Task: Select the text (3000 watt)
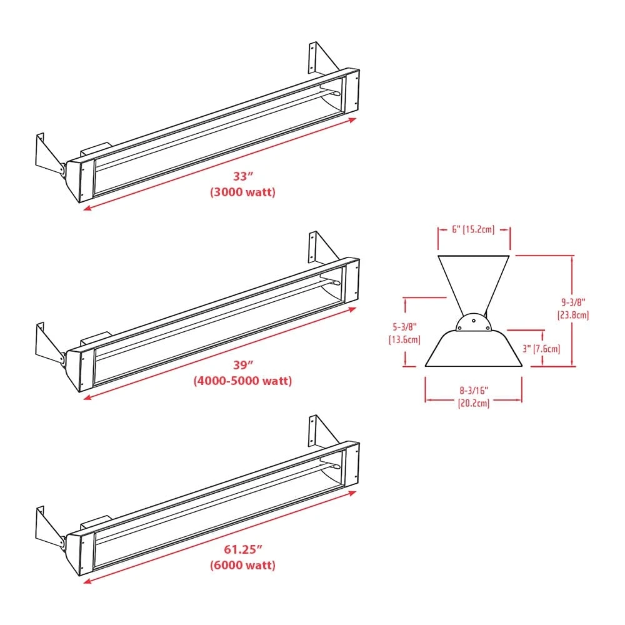tap(242, 192)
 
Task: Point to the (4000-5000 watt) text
tap(242, 380)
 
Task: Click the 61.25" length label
tap(242, 551)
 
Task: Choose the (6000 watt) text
tap(242, 565)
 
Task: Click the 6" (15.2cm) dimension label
tap(473, 229)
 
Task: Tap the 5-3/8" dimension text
tap(404, 326)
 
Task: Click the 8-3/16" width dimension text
tap(472, 391)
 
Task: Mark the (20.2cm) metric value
tap(472, 404)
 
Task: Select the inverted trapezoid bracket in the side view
tap(473, 278)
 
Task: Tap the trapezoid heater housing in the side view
tap(473, 350)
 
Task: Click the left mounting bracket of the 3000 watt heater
tap(49, 156)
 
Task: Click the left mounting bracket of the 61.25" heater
tap(49, 529)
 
